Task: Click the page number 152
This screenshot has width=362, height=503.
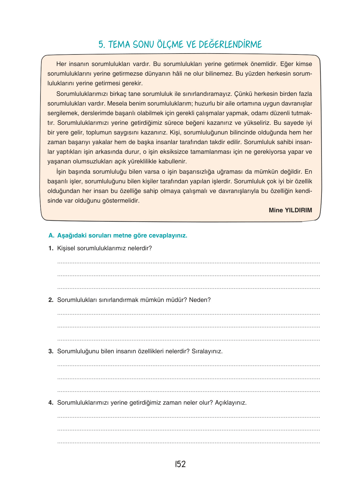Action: (x=180, y=464)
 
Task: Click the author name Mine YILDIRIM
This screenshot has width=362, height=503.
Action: (x=290, y=210)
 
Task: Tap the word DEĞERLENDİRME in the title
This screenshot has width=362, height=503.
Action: (x=229, y=45)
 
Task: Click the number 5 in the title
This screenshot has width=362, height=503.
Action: (x=101, y=45)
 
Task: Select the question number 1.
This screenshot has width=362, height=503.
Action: (x=51, y=248)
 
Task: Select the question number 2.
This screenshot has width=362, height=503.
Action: (x=51, y=300)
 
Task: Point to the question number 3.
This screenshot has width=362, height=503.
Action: (x=51, y=351)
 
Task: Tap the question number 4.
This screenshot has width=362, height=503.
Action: (x=51, y=403)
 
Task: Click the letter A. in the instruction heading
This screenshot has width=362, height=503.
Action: (x=51, y=236)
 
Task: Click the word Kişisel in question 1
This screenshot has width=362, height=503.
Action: (x=66, y=248)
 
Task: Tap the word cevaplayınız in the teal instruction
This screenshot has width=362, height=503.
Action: (x=168, y=236)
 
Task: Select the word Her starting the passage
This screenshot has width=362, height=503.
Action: (x=61, y=64)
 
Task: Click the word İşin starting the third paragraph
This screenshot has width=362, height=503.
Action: (x=62, y=172)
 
